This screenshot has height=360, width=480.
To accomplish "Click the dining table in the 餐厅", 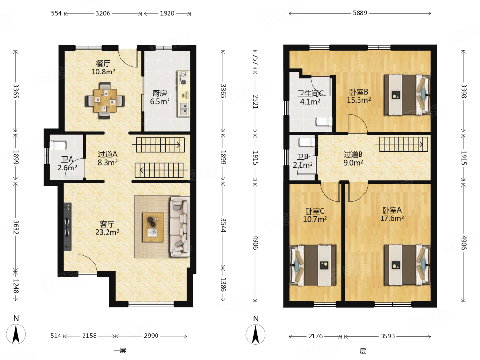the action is pyautogui.click(x=105, y=100).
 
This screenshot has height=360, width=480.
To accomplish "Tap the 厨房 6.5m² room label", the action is pyautogui.click(x=160, y=97).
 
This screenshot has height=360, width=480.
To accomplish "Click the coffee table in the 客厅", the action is pyautogui.click(x=153, y=227).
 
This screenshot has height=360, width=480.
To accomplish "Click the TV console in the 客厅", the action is pyautogui.click(x=67, y=226).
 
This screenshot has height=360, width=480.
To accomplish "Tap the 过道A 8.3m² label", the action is pyautogui.click(x=108, y=158).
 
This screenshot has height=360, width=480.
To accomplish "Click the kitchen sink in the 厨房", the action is pyautogui.click(x=183, y=109).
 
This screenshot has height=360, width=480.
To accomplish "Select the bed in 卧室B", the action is pyautogui.click(x=407, y=95).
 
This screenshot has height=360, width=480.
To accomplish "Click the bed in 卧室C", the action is pyautogui.click(x=313, y=265).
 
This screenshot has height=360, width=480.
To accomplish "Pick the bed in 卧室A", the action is pyautogui.click(x=407, y=265).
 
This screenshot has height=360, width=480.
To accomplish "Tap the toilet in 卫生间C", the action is pyautogui.click(x=324, y=121).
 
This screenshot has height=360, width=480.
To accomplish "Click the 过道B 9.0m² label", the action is pyautogui.click(x=353, y=158).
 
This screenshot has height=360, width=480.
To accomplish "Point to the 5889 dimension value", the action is pyautogui.click(x=360, y=13).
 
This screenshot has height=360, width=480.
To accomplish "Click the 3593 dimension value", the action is pyautogui.click(x=387, y=336).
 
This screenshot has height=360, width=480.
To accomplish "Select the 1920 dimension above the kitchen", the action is pyautogui.click(x=167, y=13).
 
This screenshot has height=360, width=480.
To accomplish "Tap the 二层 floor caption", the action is pyautogui.click(x=360, y=351).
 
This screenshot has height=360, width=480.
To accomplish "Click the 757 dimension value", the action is pyautogui.click(x=256, y=60).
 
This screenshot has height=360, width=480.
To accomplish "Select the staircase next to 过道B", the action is pyautogui.click(x=403, y=144).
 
